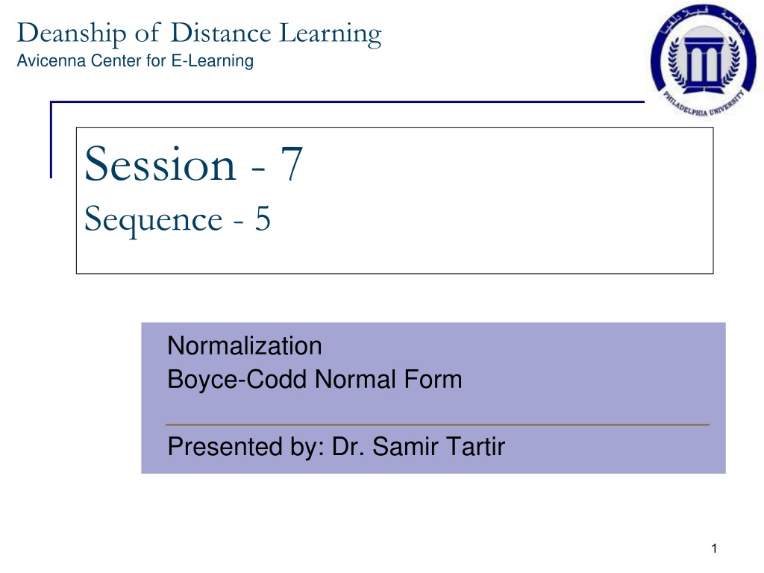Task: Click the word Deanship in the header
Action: click(x=72, y=34)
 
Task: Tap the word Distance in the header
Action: click(x=221, y=33)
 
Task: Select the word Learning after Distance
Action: click(x=331, y=34)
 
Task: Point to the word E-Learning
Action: click(x=213, y=61)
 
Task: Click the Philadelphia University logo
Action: click(x=703, y=60)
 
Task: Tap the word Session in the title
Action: click(x=160, y=164)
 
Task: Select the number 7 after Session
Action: click(x=292, y=163)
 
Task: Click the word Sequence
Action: click(x=154, y=220)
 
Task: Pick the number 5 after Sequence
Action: click(x=263, y=219)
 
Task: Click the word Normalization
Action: click(x=245, y=346)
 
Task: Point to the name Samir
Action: click(x=406, y=446)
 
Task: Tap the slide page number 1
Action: click(x=714, y=548)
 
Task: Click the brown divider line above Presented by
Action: click(x=437, y=425)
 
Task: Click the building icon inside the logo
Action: click(x=704, y=60)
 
